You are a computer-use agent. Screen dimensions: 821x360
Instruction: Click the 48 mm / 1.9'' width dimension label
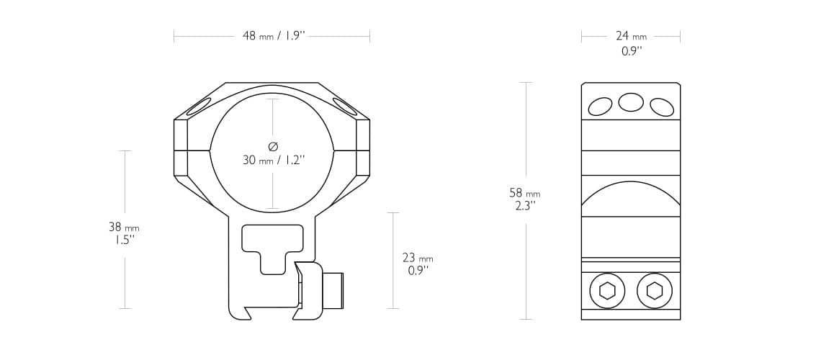coord(274,36)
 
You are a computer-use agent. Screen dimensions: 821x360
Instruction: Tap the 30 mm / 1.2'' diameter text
coord(274,160)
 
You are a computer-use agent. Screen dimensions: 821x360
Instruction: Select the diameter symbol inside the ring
coord(273,146)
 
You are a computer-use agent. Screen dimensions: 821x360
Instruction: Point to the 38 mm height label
coord(124,227)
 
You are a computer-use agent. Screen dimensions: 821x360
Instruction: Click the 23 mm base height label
coord(418,258)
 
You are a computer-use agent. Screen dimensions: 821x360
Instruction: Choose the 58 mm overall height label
coord(524,193)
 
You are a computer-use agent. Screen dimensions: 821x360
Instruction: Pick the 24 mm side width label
coord(631,36)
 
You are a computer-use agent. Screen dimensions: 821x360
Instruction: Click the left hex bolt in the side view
coord(607,291)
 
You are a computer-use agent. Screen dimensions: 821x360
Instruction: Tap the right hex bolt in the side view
coord(655,291)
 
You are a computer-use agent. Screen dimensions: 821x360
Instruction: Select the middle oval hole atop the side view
coord(631,102)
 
